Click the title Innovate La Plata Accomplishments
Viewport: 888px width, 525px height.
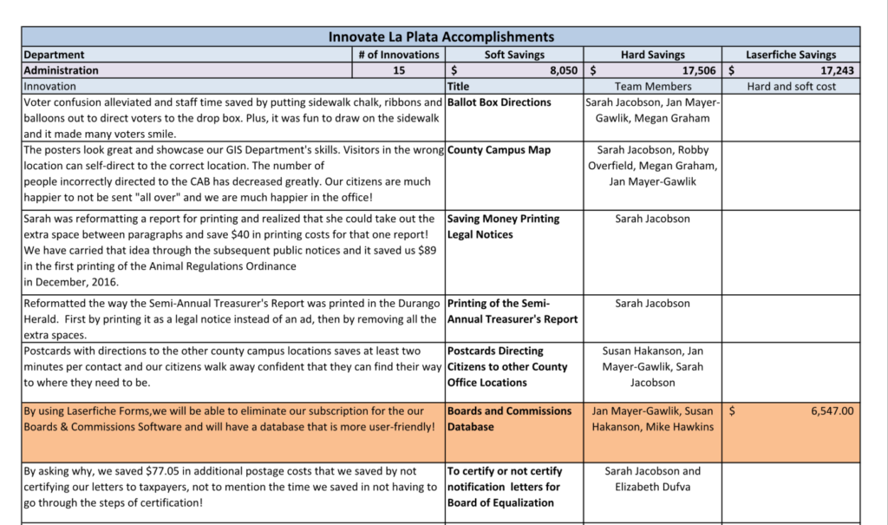[441, 37]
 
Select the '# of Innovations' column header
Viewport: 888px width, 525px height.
[398, 55]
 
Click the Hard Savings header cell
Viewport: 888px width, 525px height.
[652, 55]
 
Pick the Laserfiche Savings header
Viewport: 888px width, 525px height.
[791, 55]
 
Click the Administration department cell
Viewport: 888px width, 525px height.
[62, 70]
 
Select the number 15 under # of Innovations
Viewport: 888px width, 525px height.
[398, 70]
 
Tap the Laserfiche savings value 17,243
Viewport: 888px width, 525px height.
[837, 71]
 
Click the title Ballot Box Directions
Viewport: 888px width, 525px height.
[499, 102]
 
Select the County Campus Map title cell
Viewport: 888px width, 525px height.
[499, 150]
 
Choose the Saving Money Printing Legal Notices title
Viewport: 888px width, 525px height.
[504, 226]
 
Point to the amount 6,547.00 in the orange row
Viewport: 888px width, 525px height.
[832, 411]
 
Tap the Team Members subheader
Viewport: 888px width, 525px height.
[652, 86]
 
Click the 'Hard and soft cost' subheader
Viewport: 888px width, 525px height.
[791, 86]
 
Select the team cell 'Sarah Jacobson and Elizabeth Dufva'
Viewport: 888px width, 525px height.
[652, 479]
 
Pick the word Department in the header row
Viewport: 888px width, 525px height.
[54, 55]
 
